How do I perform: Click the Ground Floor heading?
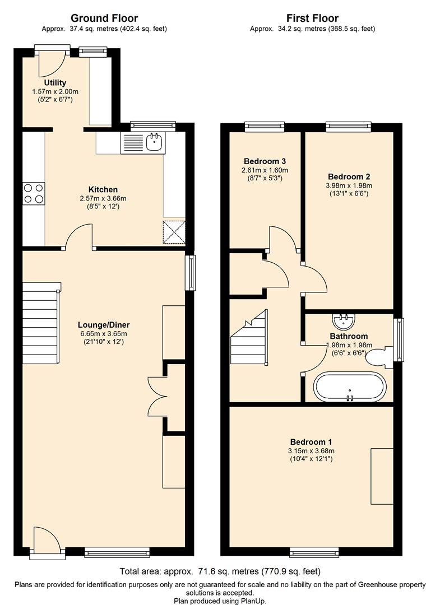click(104, 18)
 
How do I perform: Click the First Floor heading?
click(312, 18)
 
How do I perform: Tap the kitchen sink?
click(154, 143)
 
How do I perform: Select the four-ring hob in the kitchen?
click(33, 193)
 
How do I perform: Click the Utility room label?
click(55, 83)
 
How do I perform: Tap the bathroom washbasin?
click(342, 321)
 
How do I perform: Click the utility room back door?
click(49, 63)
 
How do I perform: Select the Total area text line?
click(220, 572)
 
